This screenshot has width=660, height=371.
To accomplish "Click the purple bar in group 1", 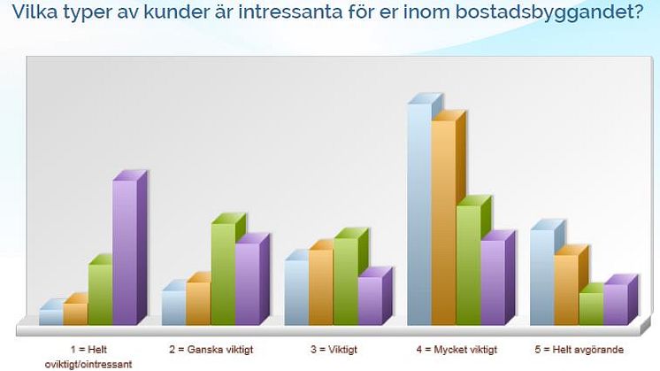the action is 130,248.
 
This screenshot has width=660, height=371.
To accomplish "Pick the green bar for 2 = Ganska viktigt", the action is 228,269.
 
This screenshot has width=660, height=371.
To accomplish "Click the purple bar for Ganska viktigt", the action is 252,279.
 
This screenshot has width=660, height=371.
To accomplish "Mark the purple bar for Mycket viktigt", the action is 498,278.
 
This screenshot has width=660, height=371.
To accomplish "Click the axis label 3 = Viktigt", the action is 334,350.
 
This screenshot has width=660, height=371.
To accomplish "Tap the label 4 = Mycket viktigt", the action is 457,350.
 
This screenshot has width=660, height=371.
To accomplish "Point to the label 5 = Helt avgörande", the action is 579,350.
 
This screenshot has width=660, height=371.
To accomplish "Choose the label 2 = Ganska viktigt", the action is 211,350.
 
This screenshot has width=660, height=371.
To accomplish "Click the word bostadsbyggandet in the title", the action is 549,12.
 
